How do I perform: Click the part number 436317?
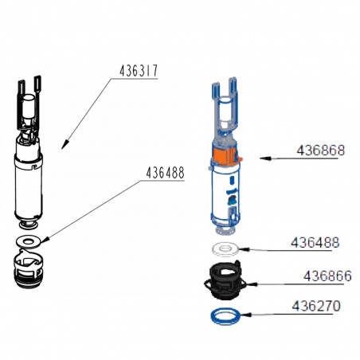139,71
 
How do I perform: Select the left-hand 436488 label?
165,173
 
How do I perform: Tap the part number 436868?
321,151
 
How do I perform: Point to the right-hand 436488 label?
315,243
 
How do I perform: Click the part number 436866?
327,276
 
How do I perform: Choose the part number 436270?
316,306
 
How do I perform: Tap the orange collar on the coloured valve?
225,156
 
